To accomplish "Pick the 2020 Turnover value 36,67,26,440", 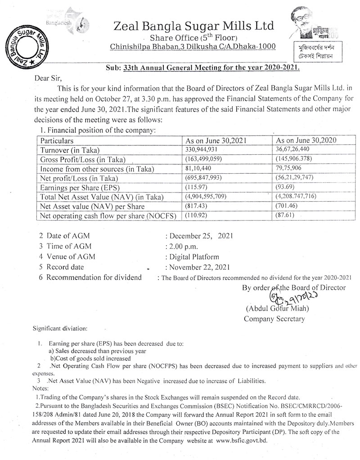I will coord(299,149).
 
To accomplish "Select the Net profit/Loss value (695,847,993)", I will coord(203,178).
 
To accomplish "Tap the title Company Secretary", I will coord(274,319).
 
